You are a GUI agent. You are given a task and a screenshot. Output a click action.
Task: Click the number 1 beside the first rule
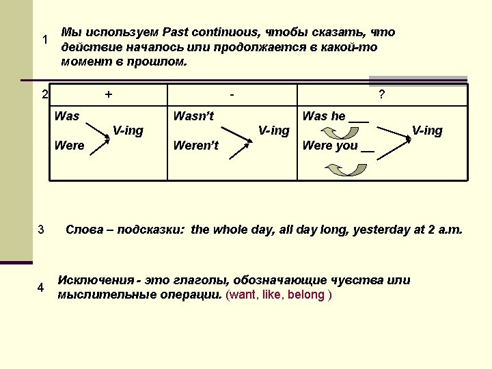pos(44,40)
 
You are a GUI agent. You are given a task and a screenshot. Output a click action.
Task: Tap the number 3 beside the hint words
pos(41,229)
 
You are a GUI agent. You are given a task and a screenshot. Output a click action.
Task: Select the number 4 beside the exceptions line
pos(41,288)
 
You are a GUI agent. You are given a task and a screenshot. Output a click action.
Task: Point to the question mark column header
pos(381,96)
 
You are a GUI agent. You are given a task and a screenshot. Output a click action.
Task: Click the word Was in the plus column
pos(67,116)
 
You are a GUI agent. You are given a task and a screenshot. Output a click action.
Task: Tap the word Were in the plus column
pos(69,146)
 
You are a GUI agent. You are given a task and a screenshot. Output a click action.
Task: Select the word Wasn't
pos(193,116)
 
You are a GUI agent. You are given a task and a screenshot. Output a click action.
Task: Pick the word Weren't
pos(196,146)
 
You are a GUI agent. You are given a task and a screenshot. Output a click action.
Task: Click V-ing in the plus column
pos(128,131)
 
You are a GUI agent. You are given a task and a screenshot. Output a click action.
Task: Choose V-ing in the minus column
pos(273,131)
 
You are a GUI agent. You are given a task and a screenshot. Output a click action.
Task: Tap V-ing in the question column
pos(427,131)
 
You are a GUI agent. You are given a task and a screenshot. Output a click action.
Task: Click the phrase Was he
pos(324,116)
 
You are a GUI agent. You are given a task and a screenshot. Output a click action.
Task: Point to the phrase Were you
pos(330,146)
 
